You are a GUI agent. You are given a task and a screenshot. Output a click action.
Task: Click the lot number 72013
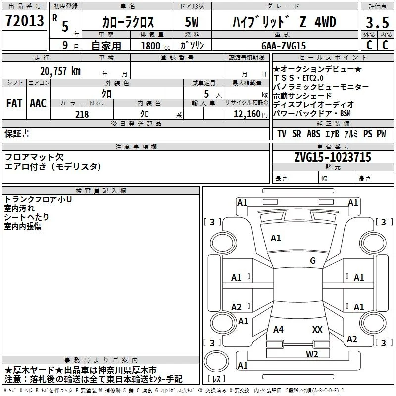click(24, 21)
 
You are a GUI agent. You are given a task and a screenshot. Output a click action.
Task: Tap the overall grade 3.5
click(377, 22)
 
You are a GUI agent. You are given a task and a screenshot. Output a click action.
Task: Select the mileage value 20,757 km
click(60, 71)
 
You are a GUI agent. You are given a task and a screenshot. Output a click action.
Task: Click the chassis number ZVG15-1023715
click(333, 157)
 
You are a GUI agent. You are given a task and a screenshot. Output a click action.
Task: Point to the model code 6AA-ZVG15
click(284, 46)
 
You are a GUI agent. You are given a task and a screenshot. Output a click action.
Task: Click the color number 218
click(82, 114)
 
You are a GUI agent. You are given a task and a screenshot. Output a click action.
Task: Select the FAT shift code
click(14, 103)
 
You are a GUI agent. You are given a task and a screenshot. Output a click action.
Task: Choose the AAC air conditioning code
click(38, 103)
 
